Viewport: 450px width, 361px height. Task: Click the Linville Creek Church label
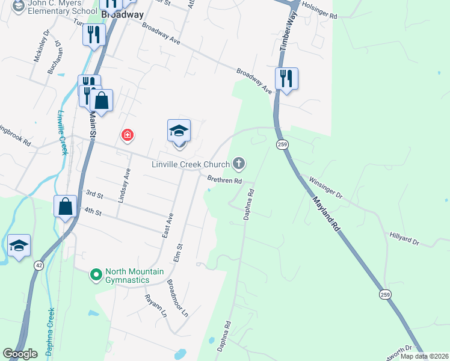click(x=190, y=164)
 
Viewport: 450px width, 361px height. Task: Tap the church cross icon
click(x=239, y=163)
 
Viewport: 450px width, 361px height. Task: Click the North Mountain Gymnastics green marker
click(x=96, y=275)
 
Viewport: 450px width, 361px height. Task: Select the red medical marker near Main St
click(x=127, y=134)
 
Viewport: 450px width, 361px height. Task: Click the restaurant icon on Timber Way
click(x=286, y=79)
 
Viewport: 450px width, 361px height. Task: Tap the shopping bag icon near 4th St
click(x=65, y=206)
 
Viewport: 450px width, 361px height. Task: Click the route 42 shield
click(x=39, y=265)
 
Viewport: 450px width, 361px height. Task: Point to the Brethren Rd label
click(x=224, y=179)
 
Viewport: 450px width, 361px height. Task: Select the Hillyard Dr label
click(x=404, y=239)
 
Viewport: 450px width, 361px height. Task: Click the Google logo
click(x=20, y=354)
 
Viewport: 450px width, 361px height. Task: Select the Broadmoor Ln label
click(x=177, y=299)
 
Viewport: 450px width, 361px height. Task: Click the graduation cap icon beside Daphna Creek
click(x=19, y=245)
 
